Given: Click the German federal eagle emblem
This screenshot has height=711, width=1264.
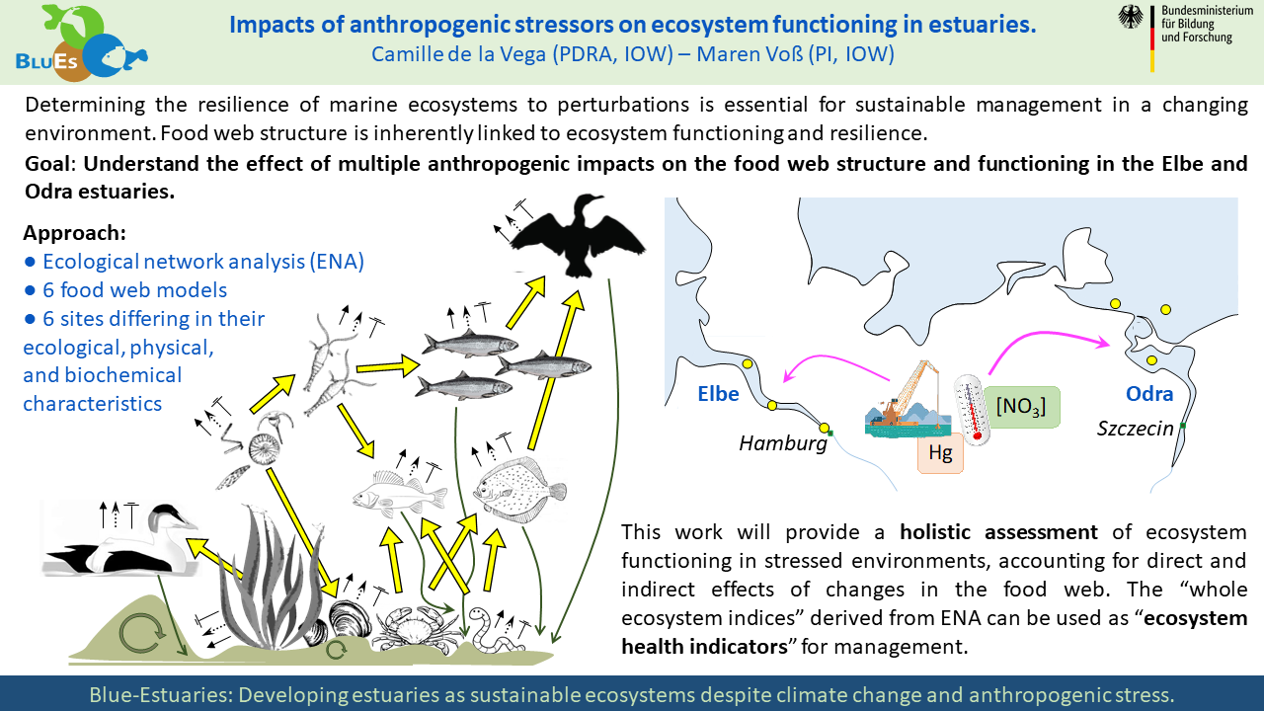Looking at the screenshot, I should (1130, 17).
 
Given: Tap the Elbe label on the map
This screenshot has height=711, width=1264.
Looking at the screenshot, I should (718, 393).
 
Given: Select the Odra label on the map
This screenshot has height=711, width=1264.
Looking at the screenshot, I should (1149, 394).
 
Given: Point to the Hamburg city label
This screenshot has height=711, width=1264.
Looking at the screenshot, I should (783, 443).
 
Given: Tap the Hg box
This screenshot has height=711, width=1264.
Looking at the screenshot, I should (940, 454).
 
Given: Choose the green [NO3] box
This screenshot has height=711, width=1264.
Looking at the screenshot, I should (1020, 407).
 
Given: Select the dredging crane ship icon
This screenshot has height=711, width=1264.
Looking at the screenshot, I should (906, 400).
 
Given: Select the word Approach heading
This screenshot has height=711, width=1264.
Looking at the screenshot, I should (74, 234).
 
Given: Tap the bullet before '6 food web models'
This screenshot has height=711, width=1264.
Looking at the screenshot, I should (30, 290).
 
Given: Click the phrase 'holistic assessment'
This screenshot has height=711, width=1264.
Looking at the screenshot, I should (998, 532).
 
